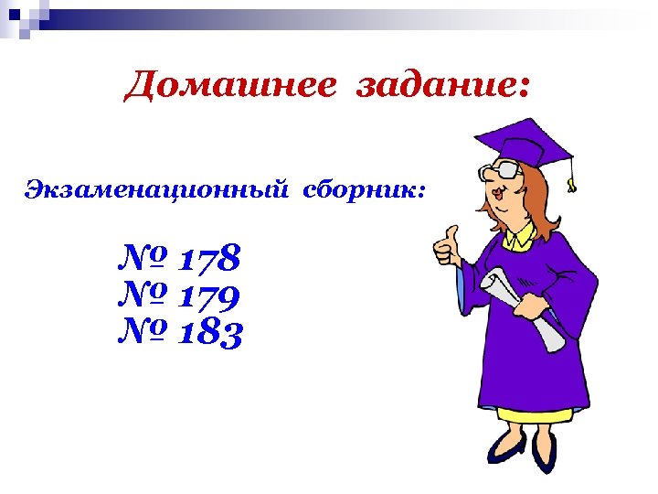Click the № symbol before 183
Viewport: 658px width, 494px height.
[x=143, y=333]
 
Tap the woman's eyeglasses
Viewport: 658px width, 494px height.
[x=498, y=171]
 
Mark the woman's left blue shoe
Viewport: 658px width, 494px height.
[x=505, y=448]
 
